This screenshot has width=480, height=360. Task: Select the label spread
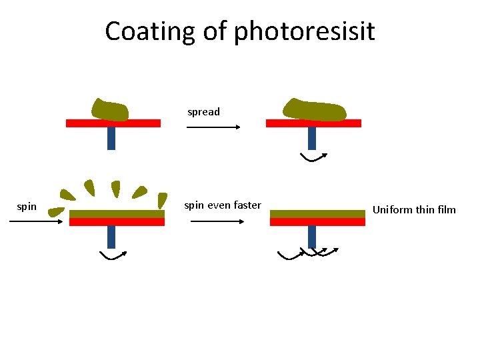coord(203,112)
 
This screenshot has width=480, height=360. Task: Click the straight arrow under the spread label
coord(213,127)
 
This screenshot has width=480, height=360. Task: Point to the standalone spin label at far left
coord(27,207)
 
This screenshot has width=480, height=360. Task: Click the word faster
coord(246,205)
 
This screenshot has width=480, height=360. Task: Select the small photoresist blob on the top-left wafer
coord(110,110)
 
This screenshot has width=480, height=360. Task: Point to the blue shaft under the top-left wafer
coord(111,138)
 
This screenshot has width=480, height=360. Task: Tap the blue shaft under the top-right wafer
coord(311,138)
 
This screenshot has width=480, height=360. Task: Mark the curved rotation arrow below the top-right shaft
coord(313,157)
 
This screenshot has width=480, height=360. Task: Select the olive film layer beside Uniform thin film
coord(317,214)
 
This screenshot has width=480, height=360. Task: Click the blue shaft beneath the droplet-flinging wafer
coord(111,237)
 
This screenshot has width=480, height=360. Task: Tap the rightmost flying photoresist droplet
coord(161,199)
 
